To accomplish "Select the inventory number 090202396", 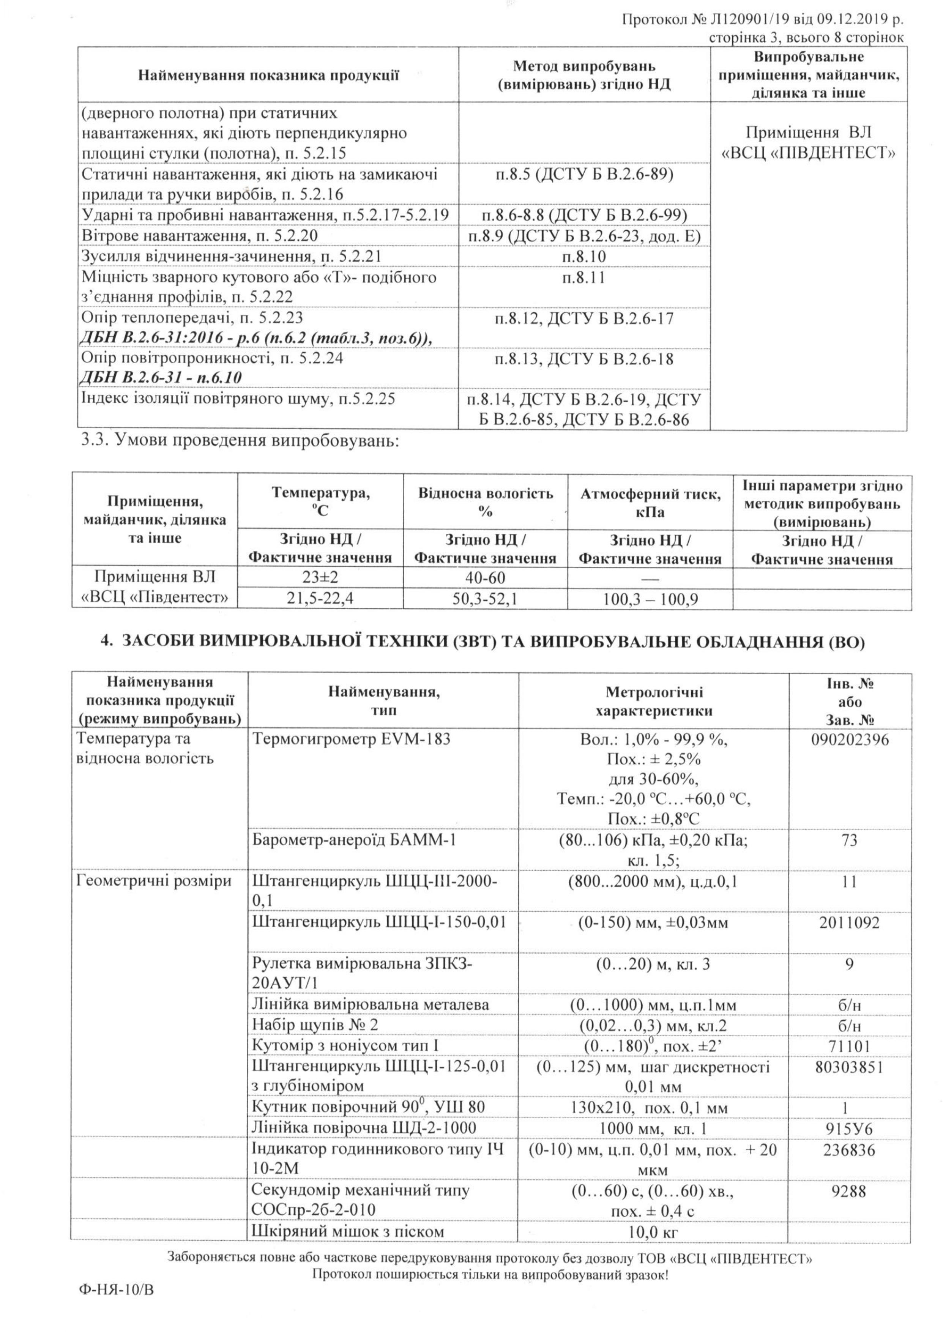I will pos(850,739).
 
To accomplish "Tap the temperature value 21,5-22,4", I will pos(320,598).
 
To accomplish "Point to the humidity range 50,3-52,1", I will pos(486,598).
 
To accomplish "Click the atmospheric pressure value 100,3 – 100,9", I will pos(650,598).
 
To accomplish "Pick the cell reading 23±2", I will pos(320,578).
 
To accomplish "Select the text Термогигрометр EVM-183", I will pos(351,739).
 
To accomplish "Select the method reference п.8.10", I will pos(584,257).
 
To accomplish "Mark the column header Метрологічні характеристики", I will pos(654,701).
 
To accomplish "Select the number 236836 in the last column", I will pos(850,1150).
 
